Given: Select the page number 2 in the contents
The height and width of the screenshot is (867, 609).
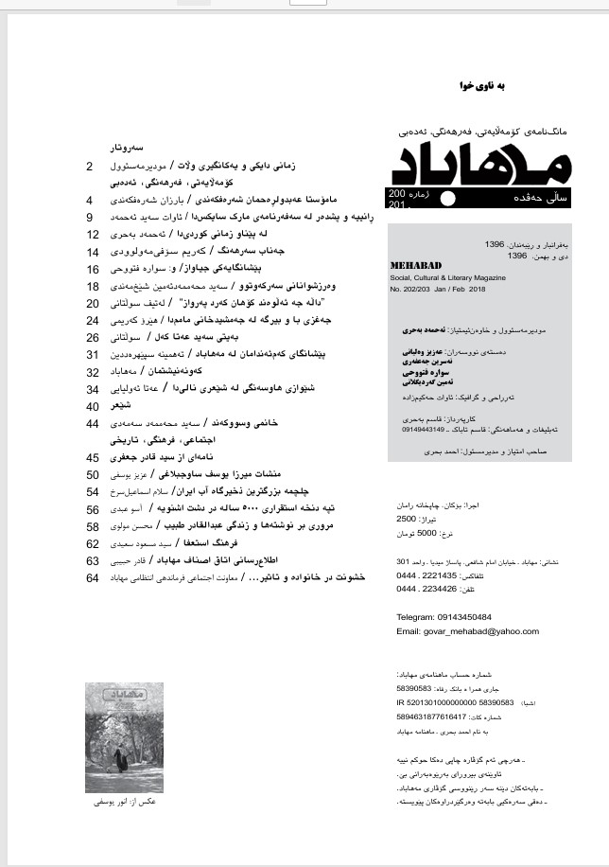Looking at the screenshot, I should click(89, 167).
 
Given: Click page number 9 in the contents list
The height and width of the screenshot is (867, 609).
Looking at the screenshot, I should click(89, 217).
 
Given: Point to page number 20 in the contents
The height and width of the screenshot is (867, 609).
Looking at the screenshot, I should click(93, 303).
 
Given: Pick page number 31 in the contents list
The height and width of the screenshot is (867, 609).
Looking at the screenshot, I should click(93, 354).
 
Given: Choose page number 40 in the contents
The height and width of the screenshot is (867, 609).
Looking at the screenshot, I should click(93, 406).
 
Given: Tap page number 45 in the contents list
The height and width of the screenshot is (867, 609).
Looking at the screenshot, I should click(93, 457).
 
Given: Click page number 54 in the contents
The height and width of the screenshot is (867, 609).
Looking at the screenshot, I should click(93, 491).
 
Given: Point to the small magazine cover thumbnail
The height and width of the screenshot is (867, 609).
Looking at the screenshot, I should click(124, 737).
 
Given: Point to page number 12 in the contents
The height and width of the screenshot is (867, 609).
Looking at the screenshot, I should click(93, 234).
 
